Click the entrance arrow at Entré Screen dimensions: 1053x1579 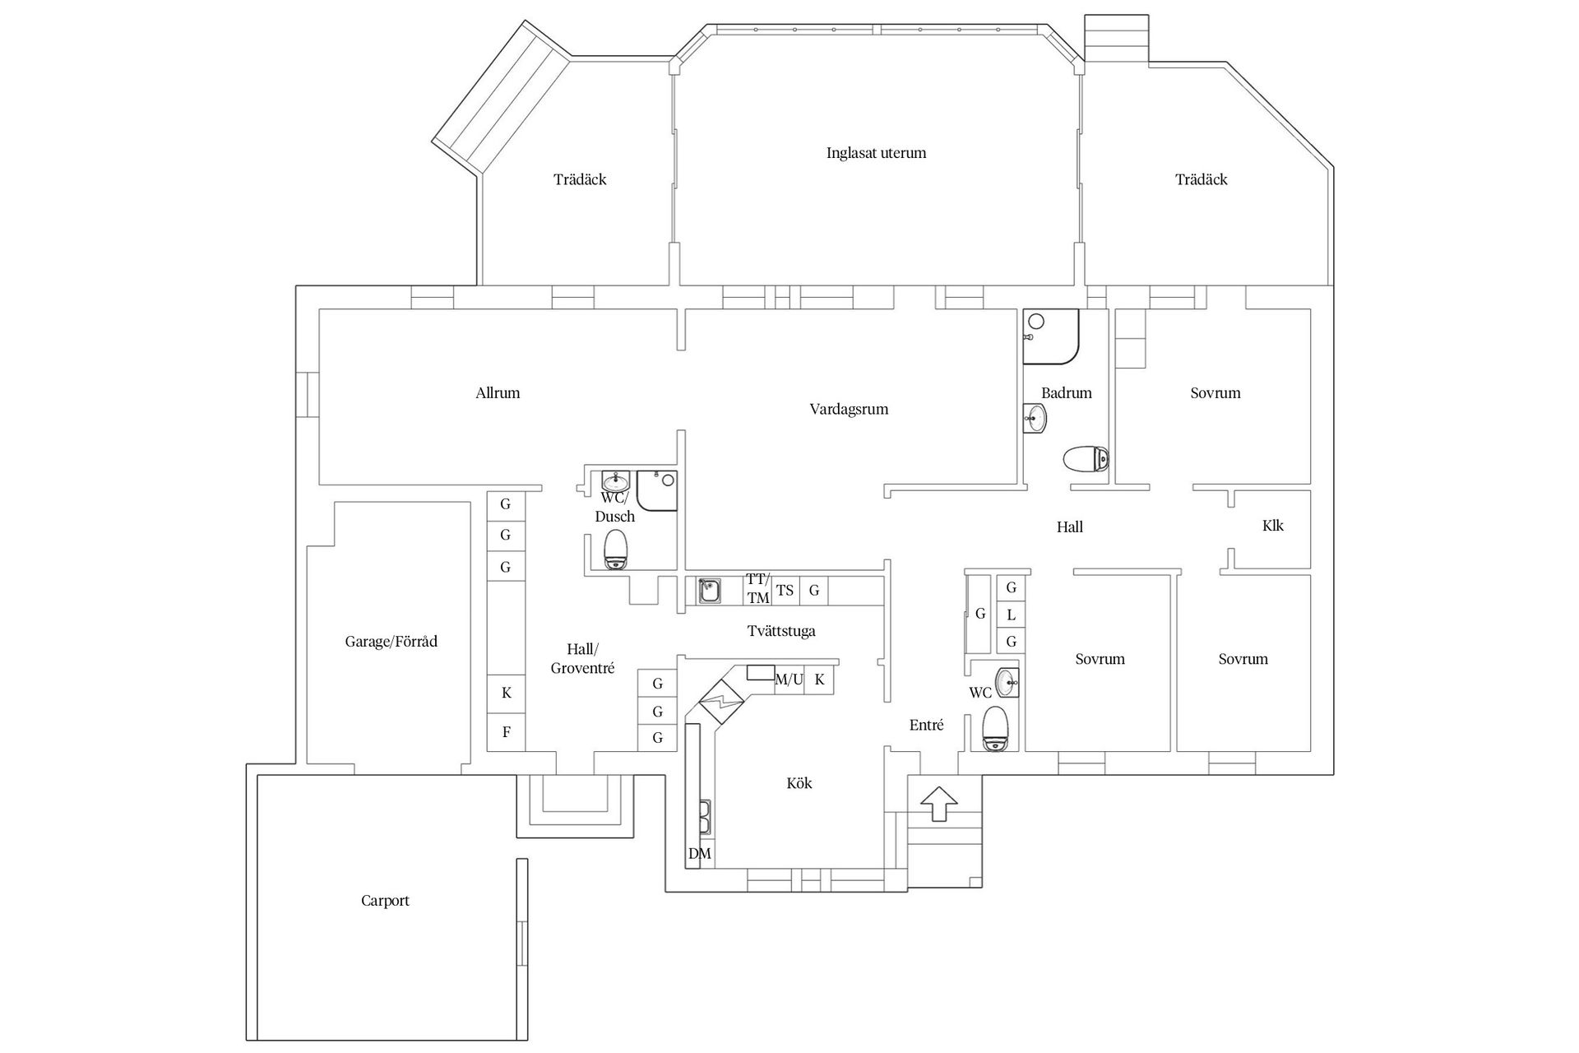click(939, 803)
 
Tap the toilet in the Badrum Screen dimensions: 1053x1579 click(1085, 459)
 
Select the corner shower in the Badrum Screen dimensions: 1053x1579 click(1049, 336)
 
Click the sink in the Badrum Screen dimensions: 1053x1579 click(1035, 419)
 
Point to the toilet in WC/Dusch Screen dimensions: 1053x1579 click(616, 550)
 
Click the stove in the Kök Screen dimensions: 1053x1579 click(721, 701)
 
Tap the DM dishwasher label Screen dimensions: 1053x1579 click(699, 854)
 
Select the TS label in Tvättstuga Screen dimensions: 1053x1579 click(785, 591)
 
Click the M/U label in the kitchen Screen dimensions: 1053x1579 click(789, 680)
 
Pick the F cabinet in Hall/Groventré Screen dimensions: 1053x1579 click(507, 731)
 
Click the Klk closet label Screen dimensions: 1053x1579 click(1272, 526)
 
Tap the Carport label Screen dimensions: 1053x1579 click(385, 901)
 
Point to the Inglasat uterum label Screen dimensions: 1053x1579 click(876, 153)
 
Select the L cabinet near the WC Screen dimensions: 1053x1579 click(1012, 615)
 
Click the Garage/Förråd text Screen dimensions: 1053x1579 click(391, 642)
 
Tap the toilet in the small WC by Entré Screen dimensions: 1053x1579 click(995, 729)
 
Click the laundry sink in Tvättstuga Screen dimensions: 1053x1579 click(709, 591)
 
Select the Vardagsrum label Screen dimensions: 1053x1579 click(849, 410)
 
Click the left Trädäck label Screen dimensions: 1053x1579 click(580, 179)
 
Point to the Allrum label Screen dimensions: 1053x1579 click(498, 393)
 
